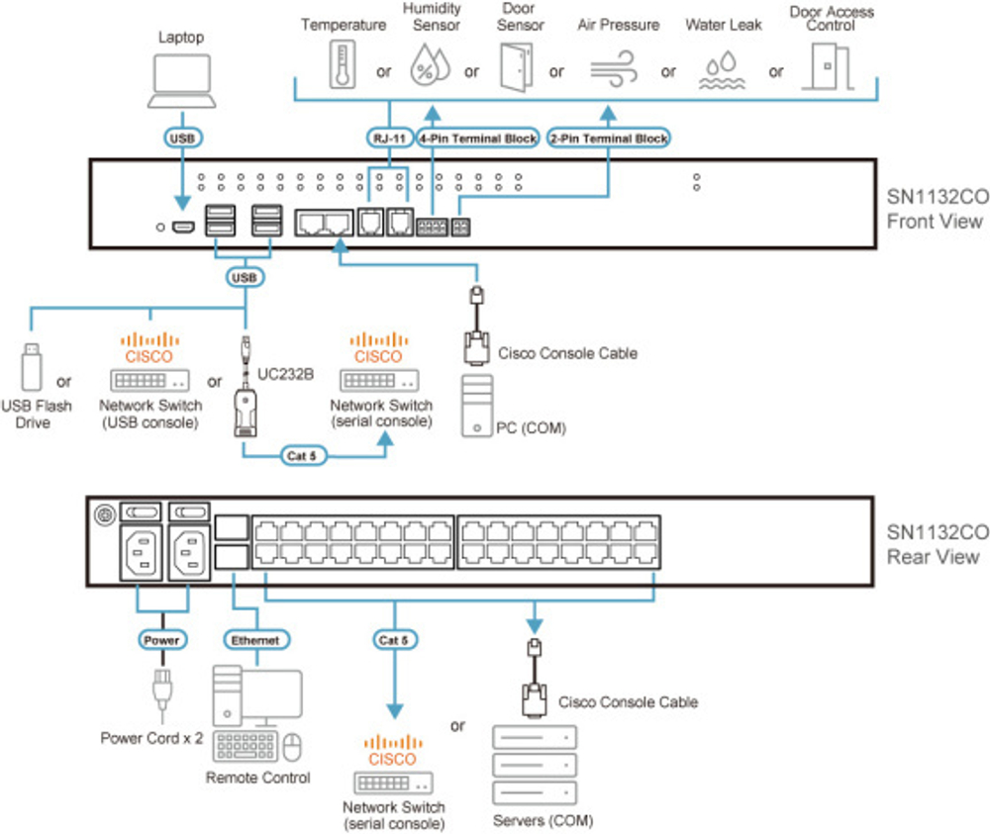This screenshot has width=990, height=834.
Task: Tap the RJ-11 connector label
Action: coord(386,139)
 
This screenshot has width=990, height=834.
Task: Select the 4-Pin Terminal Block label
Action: coord(479,139)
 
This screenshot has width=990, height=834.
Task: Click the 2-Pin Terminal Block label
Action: coord(608,139)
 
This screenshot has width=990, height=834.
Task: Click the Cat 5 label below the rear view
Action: coord(393,640)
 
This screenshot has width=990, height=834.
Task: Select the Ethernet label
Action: coord(253,640)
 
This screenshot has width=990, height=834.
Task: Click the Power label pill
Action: coord(161,640)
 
